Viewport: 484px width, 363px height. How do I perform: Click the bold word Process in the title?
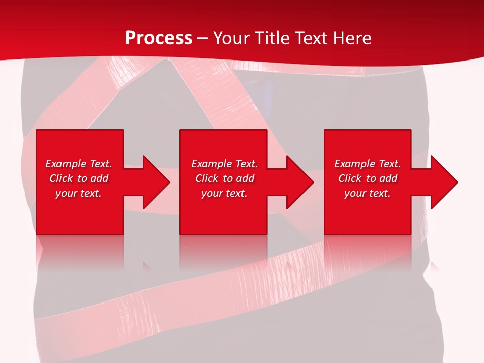(x=158, y=38)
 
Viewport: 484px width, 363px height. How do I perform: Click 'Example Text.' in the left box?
(x=79, y=164)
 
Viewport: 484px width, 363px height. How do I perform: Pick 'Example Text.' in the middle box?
(x=224, y=164)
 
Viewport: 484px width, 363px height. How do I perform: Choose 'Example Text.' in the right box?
(x=368, y=164)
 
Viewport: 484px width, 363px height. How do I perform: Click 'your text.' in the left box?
(x=79, y=193)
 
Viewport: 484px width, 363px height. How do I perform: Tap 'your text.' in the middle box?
(x=224, y=193)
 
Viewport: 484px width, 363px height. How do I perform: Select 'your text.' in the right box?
(x=368, y=193)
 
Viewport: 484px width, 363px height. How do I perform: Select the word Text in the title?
(x=310, y=38)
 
